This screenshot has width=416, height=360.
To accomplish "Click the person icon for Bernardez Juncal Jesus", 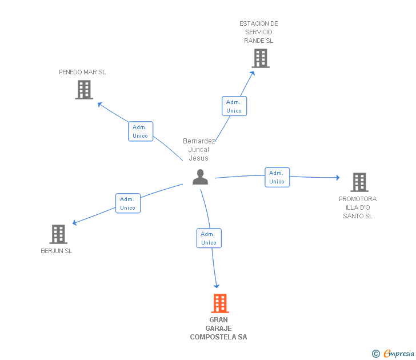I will (200, 177).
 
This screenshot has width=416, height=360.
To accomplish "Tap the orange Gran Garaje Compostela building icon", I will (220, 303).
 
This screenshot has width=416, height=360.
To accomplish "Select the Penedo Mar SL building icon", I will (84, 90).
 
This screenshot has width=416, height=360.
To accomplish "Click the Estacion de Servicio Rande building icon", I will (260, 58).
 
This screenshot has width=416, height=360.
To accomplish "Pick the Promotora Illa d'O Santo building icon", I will (359, 182).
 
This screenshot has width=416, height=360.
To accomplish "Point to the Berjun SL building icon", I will (58, 234).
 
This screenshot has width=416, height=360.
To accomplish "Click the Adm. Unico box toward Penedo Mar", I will (140, 131).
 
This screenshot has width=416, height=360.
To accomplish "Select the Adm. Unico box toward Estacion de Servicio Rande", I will (234, 106).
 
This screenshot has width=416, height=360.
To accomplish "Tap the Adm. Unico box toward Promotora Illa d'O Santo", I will (277, 177).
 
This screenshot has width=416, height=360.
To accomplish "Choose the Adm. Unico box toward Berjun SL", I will (127, 203).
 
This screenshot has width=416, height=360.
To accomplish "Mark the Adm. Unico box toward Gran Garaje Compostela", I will (209, 238).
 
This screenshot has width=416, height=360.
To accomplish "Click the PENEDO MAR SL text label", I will (82, 72).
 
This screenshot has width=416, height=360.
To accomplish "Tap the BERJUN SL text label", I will (57, 251).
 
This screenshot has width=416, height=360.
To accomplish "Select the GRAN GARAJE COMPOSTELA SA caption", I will (218, 329).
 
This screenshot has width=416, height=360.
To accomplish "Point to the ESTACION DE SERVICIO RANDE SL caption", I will (259, 32).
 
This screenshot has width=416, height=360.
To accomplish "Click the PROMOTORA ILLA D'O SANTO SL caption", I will (358, 207).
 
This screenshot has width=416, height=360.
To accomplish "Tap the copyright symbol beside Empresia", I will (375, 354).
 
